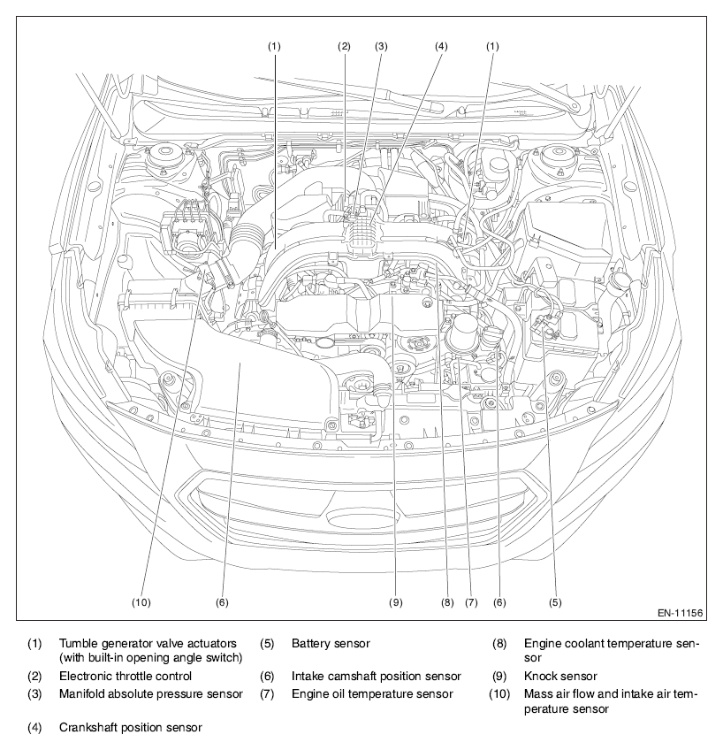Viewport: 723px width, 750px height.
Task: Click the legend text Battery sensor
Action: tap(331, 643)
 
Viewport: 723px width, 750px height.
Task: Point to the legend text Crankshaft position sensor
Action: tap(131, 728)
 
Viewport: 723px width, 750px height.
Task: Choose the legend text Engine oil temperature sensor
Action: tap(372, 694)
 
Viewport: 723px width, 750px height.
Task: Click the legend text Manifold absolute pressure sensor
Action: tap(151, 694)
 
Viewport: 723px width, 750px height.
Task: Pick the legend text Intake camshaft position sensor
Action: tap(377, 677)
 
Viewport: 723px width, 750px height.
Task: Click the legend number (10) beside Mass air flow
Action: tap(501, 694)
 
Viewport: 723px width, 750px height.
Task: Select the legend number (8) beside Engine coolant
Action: tap(499, 643)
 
